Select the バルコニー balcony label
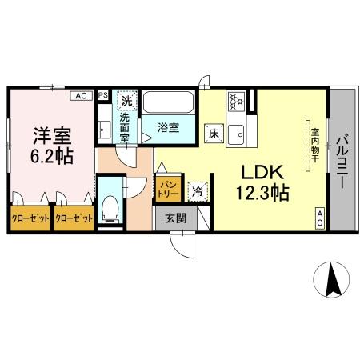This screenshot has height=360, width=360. point(341,161)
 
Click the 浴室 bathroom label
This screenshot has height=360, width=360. point(168,127)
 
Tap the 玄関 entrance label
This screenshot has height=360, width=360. point(176,217)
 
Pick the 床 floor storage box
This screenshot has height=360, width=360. point(214,133)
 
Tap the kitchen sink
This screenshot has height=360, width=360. point(238,135)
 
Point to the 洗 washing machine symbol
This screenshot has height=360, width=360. point(125,100)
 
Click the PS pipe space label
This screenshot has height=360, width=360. point(102,94)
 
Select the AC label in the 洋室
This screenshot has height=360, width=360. point(80,95)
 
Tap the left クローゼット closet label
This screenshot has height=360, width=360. point(30,217)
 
